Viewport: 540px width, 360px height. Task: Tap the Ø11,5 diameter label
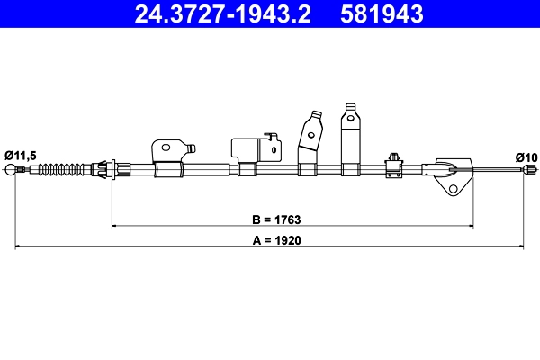tap(20, 156)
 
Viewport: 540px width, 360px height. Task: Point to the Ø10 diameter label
tap(525, 157)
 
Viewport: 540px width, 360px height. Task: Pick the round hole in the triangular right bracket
tap(454, 189)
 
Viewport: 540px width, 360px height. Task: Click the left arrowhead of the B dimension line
tap(112, 225)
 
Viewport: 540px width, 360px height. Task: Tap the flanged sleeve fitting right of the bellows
tap(109, 168)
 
